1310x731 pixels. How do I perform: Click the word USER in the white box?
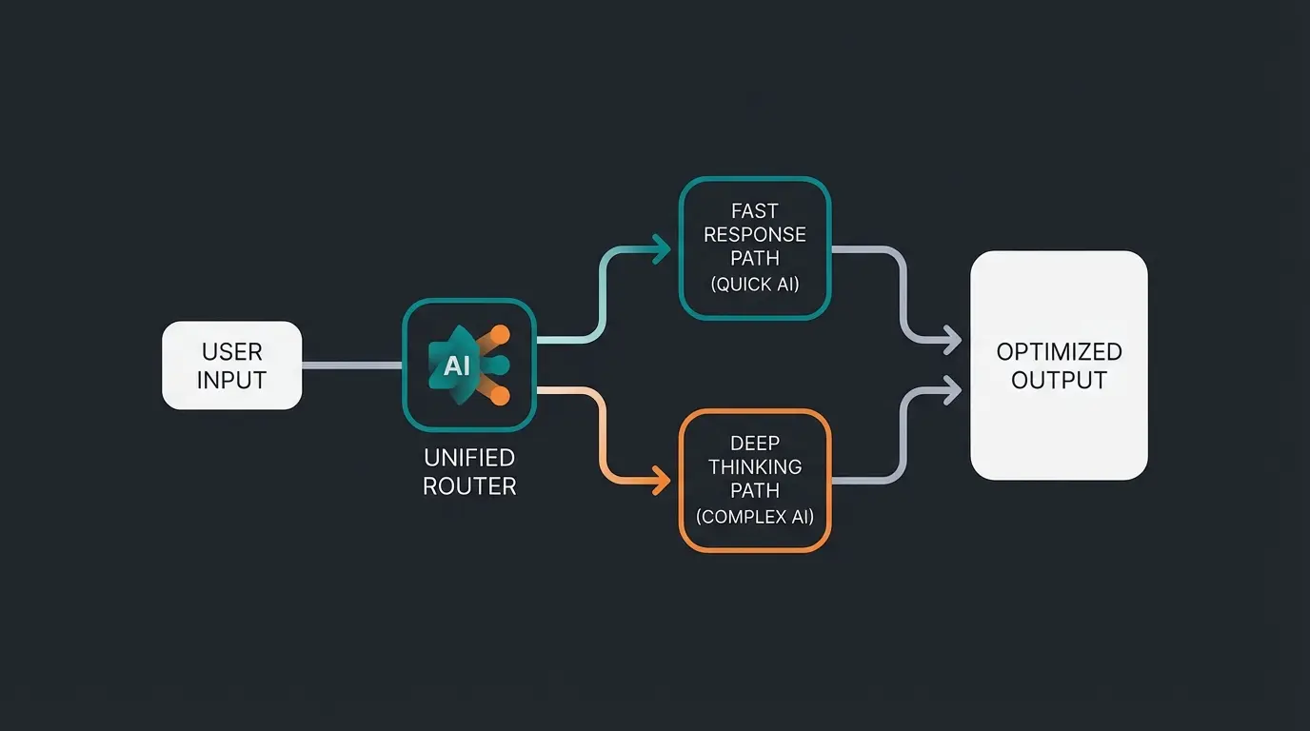(x=231, y=353)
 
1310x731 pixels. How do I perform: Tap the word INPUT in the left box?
(x=231, y=381)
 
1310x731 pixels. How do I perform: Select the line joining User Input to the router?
(x=351, y=365)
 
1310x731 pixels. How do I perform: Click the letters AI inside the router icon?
(x=457, y=365)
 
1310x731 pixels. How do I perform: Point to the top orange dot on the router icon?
(x=501, y=334)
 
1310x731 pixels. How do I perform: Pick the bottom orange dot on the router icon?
(x=501, y=396)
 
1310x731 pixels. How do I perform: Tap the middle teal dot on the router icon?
(x=502, y=365)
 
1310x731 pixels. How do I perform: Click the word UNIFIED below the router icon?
(x=469, y=459)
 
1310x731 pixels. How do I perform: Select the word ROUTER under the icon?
(x=469, y=486)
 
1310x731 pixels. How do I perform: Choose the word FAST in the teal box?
(x=755, y=210)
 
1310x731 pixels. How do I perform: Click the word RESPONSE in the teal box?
(x=755, y=234)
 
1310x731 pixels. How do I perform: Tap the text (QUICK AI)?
(x=755, y=284)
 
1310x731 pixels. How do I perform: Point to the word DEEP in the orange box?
(x=755, y=443)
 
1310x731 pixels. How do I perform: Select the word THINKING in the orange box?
(x=755, y=466)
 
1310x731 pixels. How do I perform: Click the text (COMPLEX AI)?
(x=755, y=517)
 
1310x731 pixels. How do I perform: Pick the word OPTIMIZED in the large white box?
(x=1059, y=352)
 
